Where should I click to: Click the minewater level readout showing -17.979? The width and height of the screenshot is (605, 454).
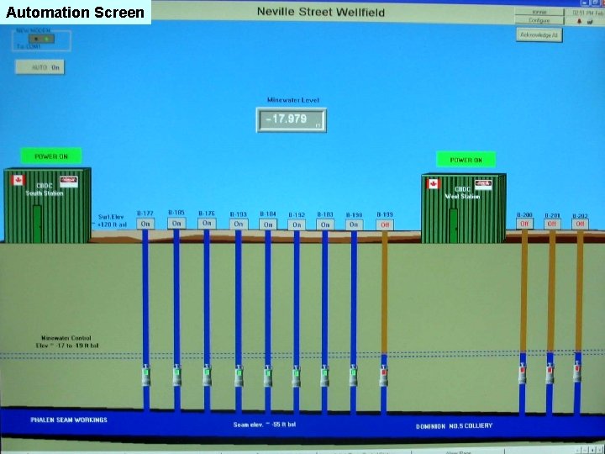coord(291,119)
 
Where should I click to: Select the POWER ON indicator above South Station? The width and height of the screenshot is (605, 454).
coord(51,156)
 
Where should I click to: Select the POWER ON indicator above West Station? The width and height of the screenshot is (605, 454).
coord(466,159)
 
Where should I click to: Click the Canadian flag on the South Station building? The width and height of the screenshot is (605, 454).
coord(18,180)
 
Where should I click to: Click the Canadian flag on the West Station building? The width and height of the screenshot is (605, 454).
coord(434,183)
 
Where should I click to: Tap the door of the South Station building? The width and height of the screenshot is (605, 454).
coord(37,222)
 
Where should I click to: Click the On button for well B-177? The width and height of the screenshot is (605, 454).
coord(145,224)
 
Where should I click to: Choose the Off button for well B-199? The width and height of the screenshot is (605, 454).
coord(385,224)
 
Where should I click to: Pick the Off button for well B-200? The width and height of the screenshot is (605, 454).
coord(524,224)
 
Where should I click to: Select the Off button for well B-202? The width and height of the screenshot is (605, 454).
coord(580,224)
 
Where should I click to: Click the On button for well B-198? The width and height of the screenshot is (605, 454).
coord(354,224)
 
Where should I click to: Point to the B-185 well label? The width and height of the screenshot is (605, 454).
coord(176,213)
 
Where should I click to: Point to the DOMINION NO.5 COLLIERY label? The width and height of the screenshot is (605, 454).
coord(455,425)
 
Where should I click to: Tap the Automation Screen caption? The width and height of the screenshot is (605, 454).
coord(76,12)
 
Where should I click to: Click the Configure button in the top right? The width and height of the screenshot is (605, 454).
coord(539,19)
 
